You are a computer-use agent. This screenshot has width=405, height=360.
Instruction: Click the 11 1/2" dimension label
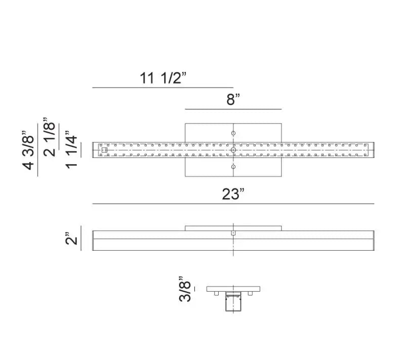(x=163, y=78)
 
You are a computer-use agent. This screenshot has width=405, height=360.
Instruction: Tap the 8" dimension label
(x=233, y=99)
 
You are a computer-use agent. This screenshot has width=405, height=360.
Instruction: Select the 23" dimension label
(x=233, y=194)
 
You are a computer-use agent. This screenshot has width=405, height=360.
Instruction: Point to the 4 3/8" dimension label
(x=29, y=150)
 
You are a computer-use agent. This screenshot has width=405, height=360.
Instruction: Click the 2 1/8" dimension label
(x=49, y=137)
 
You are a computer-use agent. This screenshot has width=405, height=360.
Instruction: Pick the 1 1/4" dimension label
(x=71, y=150)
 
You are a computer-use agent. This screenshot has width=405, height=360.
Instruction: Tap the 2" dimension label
(x=71, y=238)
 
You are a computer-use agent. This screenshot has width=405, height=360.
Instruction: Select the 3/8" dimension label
(x=185, y=289)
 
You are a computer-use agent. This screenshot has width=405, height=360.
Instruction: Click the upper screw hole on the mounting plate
(x=233, y=133)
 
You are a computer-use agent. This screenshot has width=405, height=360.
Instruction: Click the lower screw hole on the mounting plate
(x=233, y=167)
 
